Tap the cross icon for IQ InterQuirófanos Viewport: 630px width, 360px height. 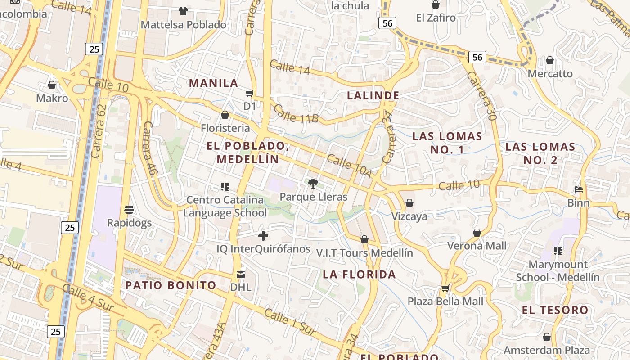pos(263,235)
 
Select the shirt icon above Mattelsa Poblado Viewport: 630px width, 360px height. pos(183,11)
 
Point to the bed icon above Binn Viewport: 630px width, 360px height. pos(579,189)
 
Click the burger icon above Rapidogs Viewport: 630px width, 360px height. pos(129,209)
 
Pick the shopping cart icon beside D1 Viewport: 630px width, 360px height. pos(250,93)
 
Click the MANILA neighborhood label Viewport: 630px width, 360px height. pos(213,83)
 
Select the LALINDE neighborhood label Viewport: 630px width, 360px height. pos(373,95)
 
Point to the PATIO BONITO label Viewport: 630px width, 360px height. pos(171,285)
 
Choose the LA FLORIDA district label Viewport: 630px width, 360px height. pos(359,274)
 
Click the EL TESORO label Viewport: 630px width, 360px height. pos(555,310)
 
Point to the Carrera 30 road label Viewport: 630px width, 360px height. pos(481,95)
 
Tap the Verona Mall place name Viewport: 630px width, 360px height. pos(477,246)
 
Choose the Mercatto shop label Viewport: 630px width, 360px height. pos(550,73)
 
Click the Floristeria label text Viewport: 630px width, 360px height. pos(225,128)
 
